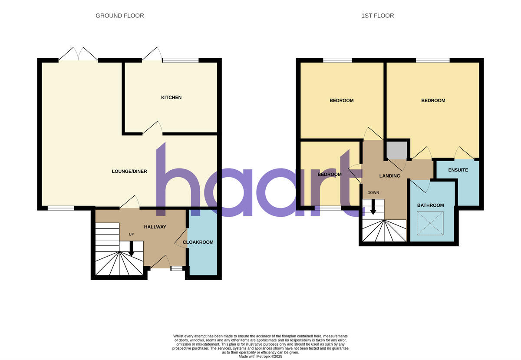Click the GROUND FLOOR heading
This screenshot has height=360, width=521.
click(x=120, y=16)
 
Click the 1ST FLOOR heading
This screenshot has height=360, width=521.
click(x=377, y=16)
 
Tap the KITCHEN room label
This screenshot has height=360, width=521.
click(x=171, y=97)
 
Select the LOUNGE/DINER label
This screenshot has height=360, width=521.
click(x=129, y=171)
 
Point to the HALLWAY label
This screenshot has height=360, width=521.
click(x=155, y=227)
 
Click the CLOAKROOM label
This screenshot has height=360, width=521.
click(x=198, y=242)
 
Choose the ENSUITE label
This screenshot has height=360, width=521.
click(x=458, y=170)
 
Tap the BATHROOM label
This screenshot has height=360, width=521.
click(x=430, y=205)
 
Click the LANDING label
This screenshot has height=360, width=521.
click(x=389, y=176)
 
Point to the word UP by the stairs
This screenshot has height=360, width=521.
click(x=131, y=234)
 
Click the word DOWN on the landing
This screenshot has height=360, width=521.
click(x=373, y=192)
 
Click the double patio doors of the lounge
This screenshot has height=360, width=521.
click(x=78, y=55)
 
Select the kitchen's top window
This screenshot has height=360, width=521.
click(x=180, y=60)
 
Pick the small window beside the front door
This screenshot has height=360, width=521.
click(x=176, y=269)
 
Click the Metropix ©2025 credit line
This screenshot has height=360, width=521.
click(x=260, y=356)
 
